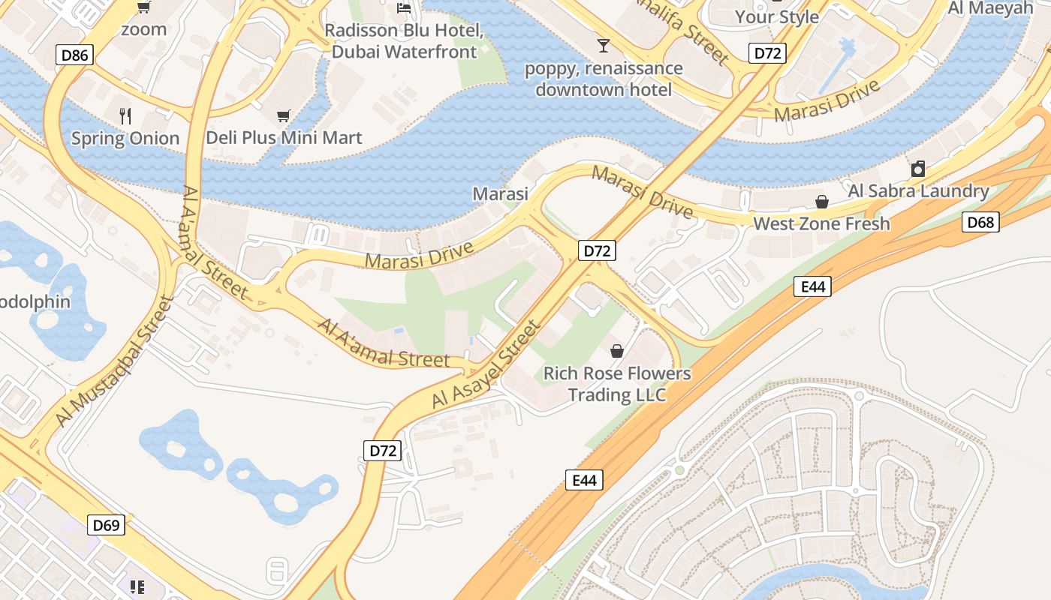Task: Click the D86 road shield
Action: [x=74, y=54]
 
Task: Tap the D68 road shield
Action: [x=980, y=221]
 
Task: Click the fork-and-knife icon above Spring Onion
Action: [x=125, y=116]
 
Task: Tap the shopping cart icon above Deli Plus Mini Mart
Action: [x=283, y=115]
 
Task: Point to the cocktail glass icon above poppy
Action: [x=603, y=46]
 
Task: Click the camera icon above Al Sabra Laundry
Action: [x=917, y=169]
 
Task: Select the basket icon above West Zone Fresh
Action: [x=822, y=202]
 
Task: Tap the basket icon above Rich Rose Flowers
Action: [x=617, y=350]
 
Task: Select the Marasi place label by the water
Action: [x=500, y=193]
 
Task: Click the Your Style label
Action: [x=776, y=16]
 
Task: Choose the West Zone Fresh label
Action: [x=821, y=223]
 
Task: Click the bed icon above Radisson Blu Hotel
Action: [x=404, y=8]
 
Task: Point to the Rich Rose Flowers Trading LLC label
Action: [x=617, y=384]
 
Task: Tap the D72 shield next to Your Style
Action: [x=767, y=52]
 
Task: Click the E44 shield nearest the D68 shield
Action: [x=812, y=286]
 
